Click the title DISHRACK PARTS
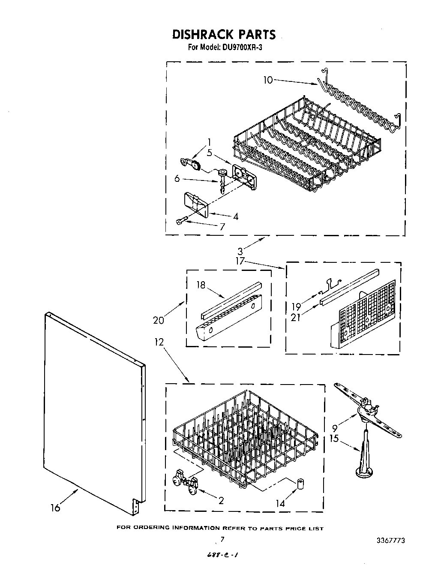pos(224,34)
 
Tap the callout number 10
pos(268,80)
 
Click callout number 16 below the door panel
pos(55,508)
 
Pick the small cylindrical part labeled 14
pos(300,484)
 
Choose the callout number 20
pos(159,319)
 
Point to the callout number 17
pos(240,260)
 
